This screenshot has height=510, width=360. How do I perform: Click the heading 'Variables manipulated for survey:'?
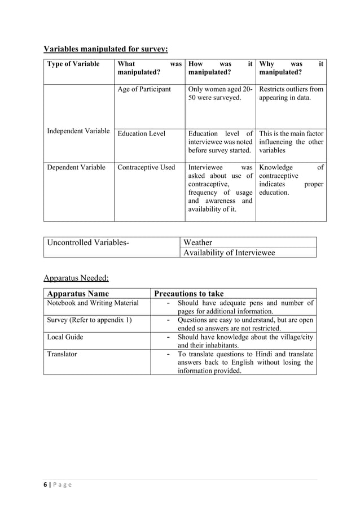[x=106, y=49]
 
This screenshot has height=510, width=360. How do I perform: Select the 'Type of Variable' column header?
[x=73, y=64]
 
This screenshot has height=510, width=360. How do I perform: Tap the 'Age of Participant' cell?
[x=144, y=89]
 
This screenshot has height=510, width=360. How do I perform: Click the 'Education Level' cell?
[x=141, y=134]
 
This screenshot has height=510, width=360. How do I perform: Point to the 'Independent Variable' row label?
[x=78, y=131]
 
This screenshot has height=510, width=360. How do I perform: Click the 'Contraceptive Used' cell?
[x=146, y=167]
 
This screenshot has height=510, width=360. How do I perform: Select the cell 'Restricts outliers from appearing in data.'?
[x=291, y=93]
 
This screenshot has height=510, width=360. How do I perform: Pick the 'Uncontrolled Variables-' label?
[x=88, y=243]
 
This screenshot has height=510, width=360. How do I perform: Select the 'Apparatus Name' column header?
[x=78, y=294]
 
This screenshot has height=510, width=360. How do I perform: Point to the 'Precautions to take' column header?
[x=189, y=294]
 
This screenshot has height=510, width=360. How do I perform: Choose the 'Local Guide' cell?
[x=65, y=337]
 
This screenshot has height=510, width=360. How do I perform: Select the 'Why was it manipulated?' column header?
[x=291, y=68]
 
